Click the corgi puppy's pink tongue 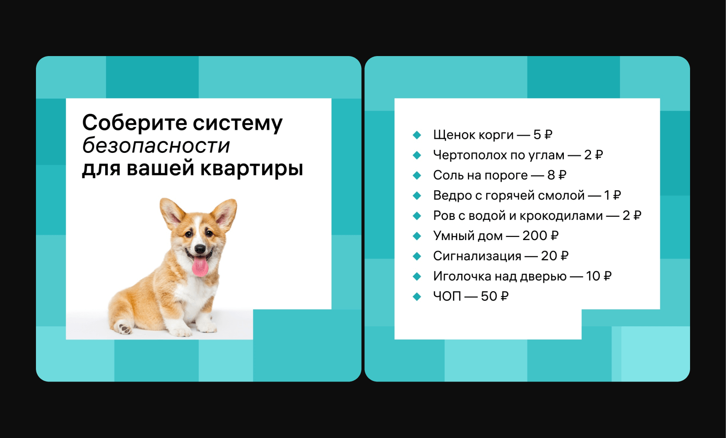point(200,266)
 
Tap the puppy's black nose point(200,249)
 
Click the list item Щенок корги point(473,134)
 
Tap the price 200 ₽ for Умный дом point(541,236)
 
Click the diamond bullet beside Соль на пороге point(417,176)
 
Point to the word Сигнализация point(477,256)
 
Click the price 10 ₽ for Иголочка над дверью point(598,276)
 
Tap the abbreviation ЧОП point(447,296)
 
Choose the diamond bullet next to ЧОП point(417,296)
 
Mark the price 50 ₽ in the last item point(495,296)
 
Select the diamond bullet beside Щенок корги point(417,135)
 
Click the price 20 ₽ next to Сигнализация point(555,256)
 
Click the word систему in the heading point(238,124)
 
